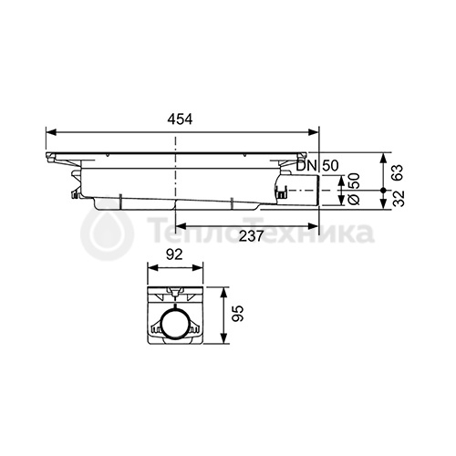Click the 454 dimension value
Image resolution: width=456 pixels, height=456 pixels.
tap(180, 119)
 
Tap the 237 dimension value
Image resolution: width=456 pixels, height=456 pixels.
tap(251, 236)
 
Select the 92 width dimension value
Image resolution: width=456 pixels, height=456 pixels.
tap(175, 254)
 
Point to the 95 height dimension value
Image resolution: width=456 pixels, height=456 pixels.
tap(238, 314)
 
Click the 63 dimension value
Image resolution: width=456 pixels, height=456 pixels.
tap(398, 172)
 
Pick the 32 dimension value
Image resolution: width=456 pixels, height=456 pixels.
tap(398, 198)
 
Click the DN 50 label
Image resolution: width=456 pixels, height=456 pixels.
tap(317, 166)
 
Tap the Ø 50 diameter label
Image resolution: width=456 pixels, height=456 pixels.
tap(354, 189)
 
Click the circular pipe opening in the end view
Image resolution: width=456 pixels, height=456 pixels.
tap(175, 324)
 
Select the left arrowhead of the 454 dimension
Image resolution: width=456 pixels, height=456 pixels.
tap(51, 132)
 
